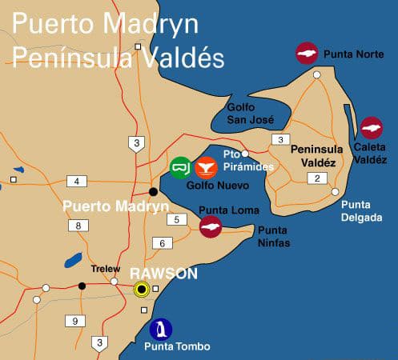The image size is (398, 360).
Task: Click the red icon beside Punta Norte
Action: click(307, 54)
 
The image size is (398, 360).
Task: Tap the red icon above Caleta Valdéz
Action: click(371, 128)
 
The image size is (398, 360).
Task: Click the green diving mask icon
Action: click(181, 167)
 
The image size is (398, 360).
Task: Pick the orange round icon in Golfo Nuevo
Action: click(207, 167)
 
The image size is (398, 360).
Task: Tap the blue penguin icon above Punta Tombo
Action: click(161, 329)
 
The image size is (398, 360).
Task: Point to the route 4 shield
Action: click(78, 181)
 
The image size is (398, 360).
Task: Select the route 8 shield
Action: click(78, 226)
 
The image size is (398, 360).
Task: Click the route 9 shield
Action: click(76, 321)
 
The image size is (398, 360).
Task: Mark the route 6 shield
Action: click(162, 243)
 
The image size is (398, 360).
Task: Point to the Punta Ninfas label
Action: click(273, 235)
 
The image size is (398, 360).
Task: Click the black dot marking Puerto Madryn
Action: click(153, 191)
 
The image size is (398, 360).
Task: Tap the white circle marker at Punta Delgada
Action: click(336, 191)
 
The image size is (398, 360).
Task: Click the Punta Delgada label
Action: click(361, 210)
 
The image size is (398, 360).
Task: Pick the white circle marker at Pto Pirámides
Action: click(246, 153)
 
